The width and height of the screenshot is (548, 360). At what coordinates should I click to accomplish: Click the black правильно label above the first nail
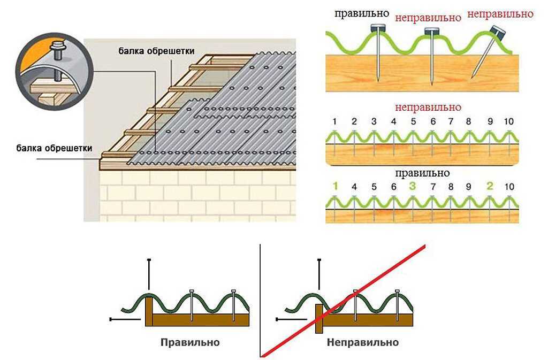(362, 13)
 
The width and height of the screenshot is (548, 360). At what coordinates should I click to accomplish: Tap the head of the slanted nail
(499, 32)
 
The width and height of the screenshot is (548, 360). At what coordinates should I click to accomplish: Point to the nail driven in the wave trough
(431, 56)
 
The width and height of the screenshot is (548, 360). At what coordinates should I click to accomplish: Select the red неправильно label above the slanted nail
(500, 14)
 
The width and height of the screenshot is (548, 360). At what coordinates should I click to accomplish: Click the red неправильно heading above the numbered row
(428, 107)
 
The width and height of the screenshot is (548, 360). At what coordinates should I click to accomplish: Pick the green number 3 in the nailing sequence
(413, 186)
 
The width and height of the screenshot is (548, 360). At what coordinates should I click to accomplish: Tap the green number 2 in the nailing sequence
(490, 186)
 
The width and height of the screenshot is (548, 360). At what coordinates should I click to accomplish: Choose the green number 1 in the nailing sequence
(335, 186)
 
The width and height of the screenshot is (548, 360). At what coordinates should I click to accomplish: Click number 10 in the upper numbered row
(509, 121)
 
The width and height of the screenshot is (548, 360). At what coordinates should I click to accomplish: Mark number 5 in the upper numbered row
(414, 121)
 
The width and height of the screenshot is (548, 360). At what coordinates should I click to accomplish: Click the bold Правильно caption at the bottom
(190, 342)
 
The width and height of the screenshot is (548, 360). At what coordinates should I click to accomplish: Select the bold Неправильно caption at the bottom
(363, 342)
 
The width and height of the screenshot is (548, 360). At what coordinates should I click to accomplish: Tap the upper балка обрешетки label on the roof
(156, 51)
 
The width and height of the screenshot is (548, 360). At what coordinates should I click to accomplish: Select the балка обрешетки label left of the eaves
(54, 148)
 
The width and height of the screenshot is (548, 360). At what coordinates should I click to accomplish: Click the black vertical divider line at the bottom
(261, 300)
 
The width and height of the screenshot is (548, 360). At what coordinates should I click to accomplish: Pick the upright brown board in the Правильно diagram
(149, 311)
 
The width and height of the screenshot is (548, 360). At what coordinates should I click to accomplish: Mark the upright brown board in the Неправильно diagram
(319, 318)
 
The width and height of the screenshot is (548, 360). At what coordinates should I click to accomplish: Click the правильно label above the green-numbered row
(423, 173)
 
